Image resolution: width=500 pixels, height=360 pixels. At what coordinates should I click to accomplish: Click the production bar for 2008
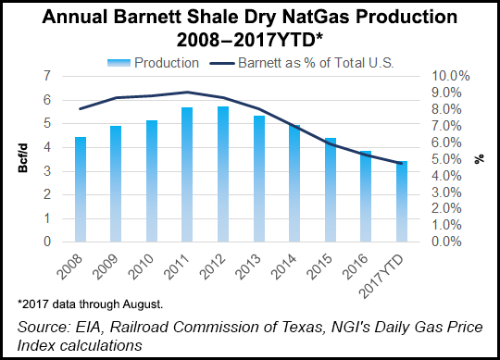tap(81, 189)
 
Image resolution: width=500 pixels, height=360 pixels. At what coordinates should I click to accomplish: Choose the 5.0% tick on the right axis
tap(451, 159)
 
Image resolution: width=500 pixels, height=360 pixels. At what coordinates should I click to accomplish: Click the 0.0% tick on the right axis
tap(451, 242)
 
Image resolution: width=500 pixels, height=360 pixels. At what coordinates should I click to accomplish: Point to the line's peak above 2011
tap(187, 92)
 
